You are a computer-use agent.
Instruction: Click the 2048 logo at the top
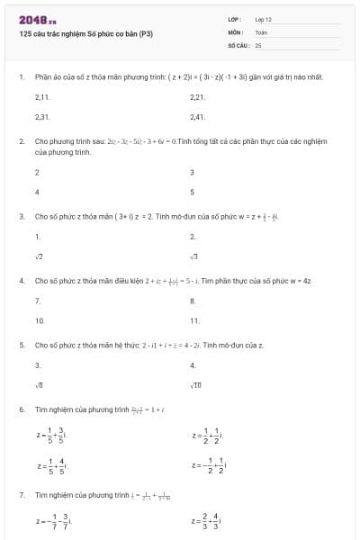click(x=37, y=19)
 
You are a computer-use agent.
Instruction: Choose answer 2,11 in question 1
click(x=41, y=96)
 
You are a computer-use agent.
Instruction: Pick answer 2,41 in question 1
click(x=198, y=117)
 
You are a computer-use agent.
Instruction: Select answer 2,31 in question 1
click(x=41, y=117)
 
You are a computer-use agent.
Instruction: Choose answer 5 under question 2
click(x=193, y=192)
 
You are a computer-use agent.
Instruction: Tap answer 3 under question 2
click(x=193, y=172)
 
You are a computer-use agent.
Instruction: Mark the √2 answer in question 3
click(x=38, y=257)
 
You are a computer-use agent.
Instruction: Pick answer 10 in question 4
click(x=40, y=320)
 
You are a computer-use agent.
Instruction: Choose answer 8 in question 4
click(x=193, y=301)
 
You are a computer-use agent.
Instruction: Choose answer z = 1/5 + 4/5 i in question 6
click(x=52, y=466)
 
